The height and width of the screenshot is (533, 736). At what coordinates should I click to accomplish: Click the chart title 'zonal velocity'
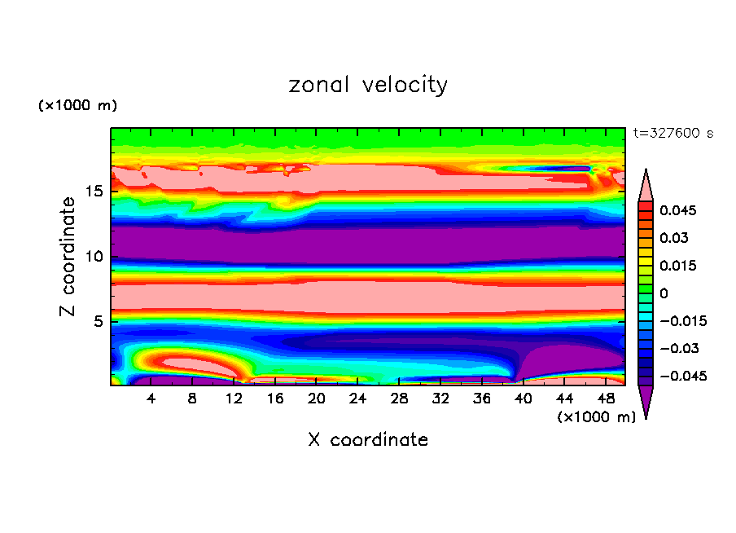(368, 85)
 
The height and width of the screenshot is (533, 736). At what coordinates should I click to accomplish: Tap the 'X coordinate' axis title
(368, 440)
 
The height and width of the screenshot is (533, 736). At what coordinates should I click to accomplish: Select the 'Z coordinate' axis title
(68, 256)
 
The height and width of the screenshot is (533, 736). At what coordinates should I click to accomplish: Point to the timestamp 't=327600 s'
(672, 134)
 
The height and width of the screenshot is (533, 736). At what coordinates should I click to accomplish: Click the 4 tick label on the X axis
(151, 399)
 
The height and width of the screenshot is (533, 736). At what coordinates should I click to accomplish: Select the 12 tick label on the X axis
(234, 399)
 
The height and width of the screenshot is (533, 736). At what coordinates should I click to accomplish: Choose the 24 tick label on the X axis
(357, 399)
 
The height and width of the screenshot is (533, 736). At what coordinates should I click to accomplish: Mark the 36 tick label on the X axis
(481, 399)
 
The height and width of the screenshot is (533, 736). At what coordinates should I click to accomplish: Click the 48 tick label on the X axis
(605, 399)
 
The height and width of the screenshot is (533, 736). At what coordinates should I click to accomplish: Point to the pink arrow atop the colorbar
(645, 185)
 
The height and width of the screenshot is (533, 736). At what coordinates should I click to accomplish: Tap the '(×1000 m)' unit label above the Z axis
(77, 106)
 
